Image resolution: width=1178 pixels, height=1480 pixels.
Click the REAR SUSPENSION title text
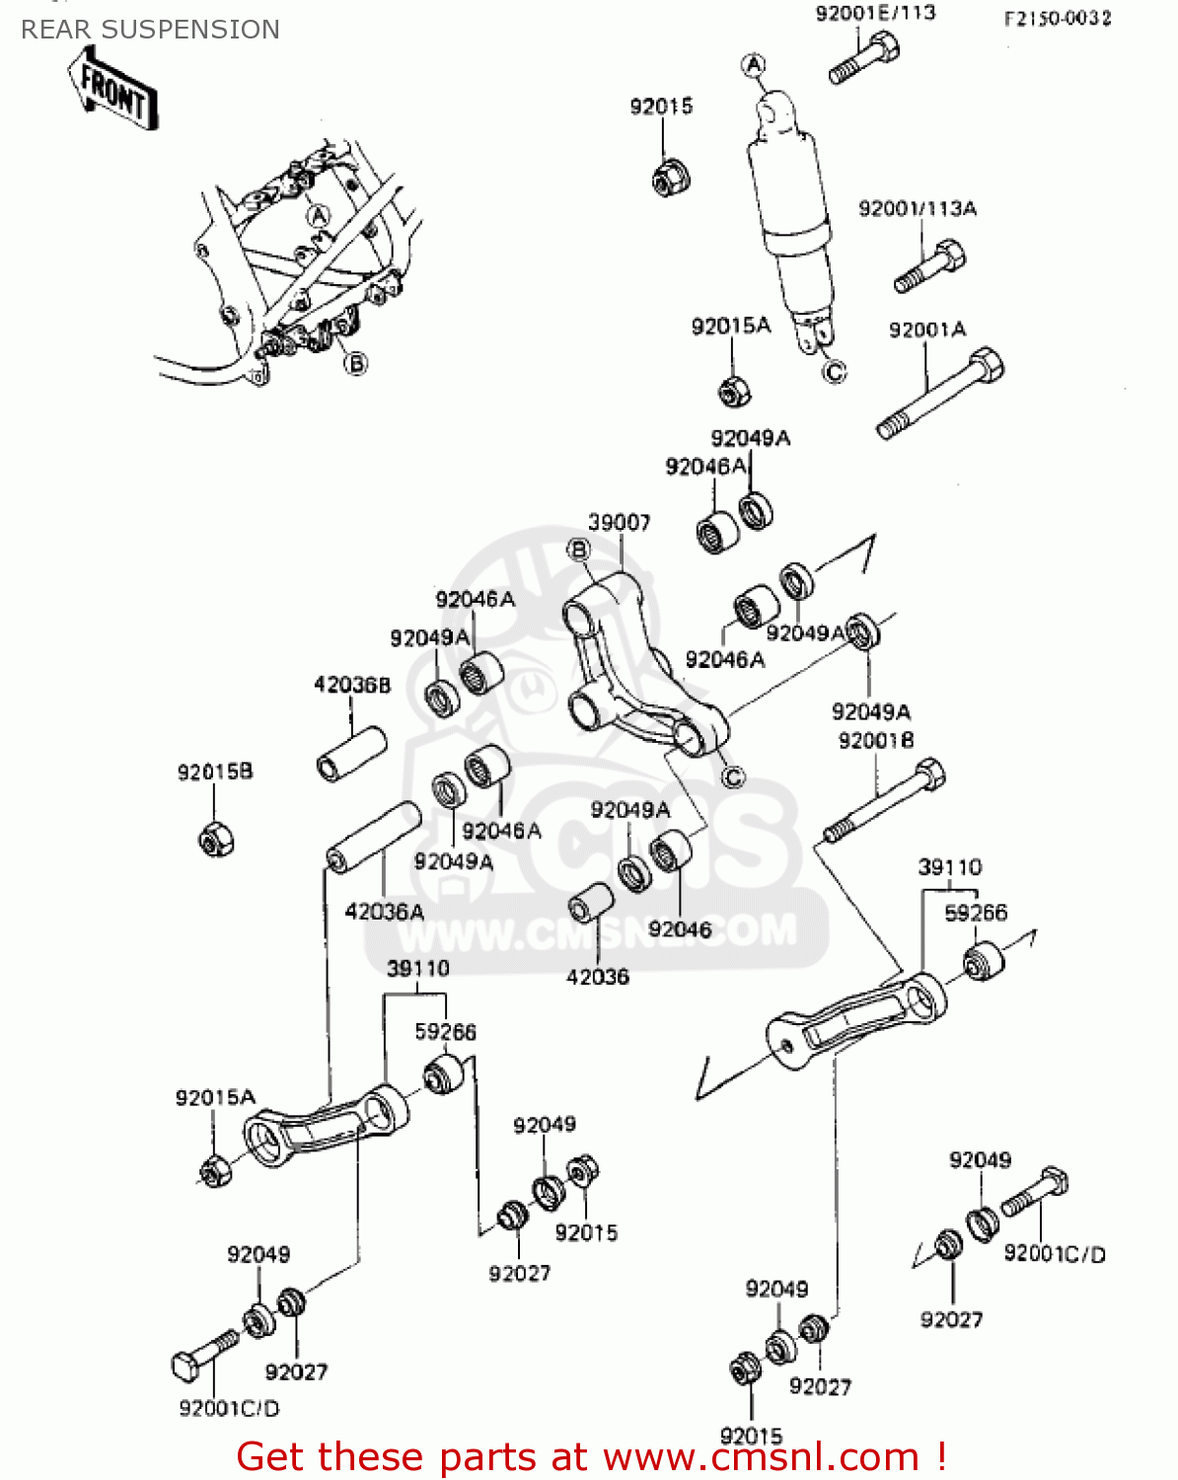[x=150, y=30]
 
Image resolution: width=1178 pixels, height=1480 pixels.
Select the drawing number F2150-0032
[x=1057, y=18]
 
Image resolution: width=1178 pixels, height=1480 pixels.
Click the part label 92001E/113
[x=875, y=14]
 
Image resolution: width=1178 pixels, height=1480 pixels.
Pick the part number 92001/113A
[x=917, y=208]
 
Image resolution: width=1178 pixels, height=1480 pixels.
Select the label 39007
[x=619, y=522]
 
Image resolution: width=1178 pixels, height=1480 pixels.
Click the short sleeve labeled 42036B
[x=351, y=754]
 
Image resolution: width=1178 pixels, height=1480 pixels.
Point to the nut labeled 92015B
[x=215, y=839]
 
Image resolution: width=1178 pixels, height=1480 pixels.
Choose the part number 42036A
[x=384, y=912]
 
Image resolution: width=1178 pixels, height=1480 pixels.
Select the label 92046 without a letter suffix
[x=680, y=929]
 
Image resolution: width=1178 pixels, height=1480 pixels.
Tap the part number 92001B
[x=875, y=740]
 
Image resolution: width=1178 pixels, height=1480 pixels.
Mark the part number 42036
[x=597, y=977]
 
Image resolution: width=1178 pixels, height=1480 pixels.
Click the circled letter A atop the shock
[x=753, y=65]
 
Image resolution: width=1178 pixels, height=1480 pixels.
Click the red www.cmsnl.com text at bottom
[x=760, y=1457]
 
